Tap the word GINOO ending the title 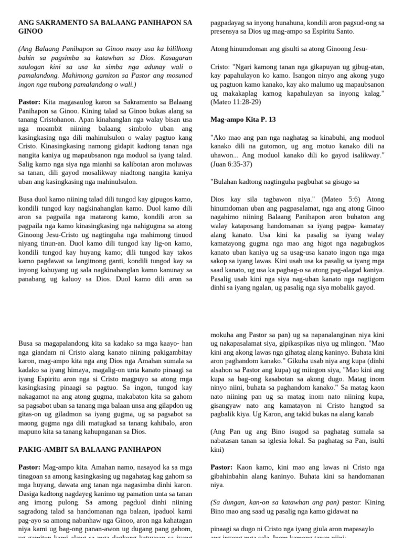coord(29,32)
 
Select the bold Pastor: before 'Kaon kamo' coord(222,467)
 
